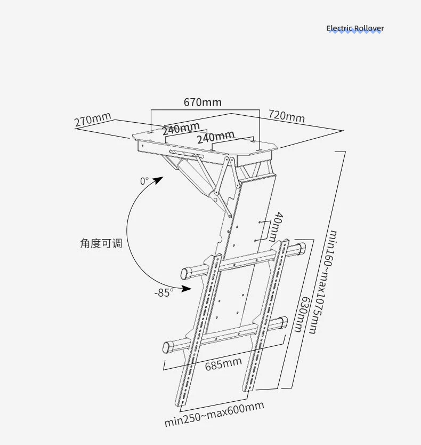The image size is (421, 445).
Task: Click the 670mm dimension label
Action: (x=203, y=102)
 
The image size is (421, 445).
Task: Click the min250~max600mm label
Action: (x=214, y=414)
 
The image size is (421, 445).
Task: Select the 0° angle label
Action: (x=144, y=181)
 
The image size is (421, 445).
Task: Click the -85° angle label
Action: (x=164, y=292)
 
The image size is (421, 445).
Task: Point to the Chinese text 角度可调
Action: (x=101, y=243)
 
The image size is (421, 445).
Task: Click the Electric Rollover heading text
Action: (x=355, y=28)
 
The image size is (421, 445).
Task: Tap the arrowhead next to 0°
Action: (x=158, y=180)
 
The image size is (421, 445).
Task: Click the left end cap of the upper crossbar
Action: (x=187, y=273)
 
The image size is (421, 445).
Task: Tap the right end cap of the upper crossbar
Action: (x=299, y=249)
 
